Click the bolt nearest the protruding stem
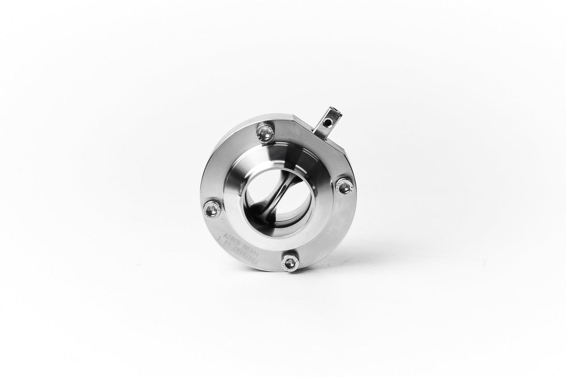coord(264,133)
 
